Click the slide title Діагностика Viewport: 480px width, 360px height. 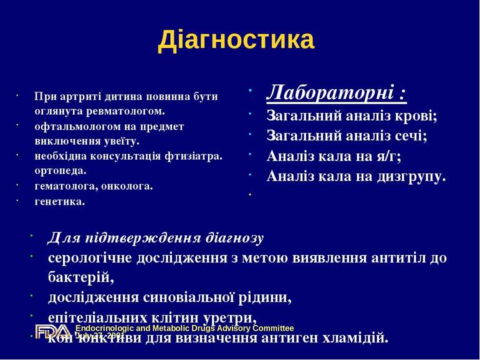(x=236, y=40)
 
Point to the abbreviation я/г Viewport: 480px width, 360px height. (x=386, y=156)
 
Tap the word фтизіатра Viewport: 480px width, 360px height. (x=193, y=155)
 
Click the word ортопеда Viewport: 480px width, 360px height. (x=60, y=170)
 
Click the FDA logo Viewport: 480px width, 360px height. (x=52, y=332)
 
